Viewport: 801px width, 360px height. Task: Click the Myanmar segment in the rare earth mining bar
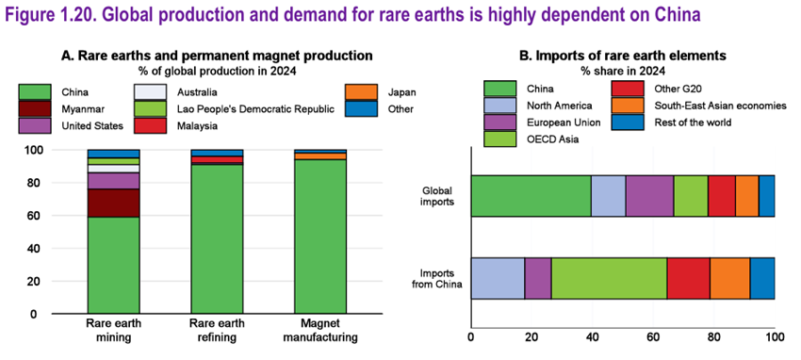tap(113, 204)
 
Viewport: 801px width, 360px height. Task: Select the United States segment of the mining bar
tap(113, 181)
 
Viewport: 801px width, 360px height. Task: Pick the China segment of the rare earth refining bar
tap(217, 239)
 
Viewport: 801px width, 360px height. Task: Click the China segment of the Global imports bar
tap(531, 196)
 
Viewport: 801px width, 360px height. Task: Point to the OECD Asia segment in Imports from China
tap(609, 278)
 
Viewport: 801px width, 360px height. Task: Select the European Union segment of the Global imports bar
tap(650, 196)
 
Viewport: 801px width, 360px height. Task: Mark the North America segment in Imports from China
tap(498, 278)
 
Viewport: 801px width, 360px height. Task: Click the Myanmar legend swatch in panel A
tap(35, 108)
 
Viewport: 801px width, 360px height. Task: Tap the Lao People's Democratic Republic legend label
tap(255, 108)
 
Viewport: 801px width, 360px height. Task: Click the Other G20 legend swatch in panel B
tap(628, 89)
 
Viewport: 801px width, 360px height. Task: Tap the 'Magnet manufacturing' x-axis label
tap(320, 331)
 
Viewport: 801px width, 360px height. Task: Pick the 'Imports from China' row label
tap(436, 278)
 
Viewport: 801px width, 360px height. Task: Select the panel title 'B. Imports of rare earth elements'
tap(623, 57)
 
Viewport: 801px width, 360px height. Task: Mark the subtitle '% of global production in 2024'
tap(217, 70)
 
